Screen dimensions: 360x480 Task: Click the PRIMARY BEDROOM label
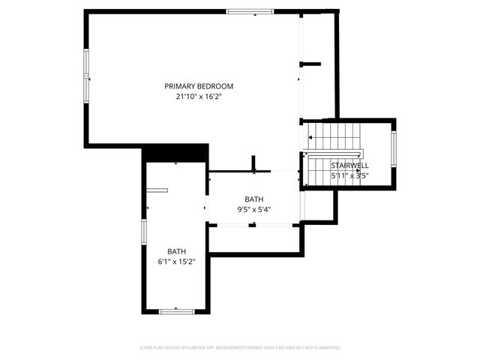pyautogui.click(x=199, y=86)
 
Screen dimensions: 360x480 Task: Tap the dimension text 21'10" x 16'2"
pyautogui.click(x=199, y=97)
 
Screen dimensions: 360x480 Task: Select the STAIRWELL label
pyautogui.click(x=349, y=165)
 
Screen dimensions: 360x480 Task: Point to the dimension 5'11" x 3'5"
pyautogui.click(x=349, y=175)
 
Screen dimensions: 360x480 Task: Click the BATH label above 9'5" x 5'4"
pyautogui.click(x=254, y=199)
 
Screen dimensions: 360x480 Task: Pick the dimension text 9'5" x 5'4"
pyautogui.click(x=254, y=209)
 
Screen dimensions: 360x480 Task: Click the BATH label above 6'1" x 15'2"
pyautogui.click(x=177, y=251)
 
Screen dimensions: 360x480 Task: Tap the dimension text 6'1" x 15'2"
pyautogui.click(x=177, y=262)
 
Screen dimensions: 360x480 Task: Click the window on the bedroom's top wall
pyautogui.click(x=250, y=11)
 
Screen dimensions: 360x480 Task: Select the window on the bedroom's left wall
pyautogui.click(x=87, y=75)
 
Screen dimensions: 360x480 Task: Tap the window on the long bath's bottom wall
pyautogui.click(x=177, y=310)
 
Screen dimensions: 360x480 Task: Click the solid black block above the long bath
pyautogui.click(x=175, y=153)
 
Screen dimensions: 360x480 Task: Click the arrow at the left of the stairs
pyautogui.click(x=310, y=137)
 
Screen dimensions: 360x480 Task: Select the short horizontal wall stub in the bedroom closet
pyautogui.click(x=310, y=64)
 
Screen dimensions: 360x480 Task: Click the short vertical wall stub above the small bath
pyautogui.click(x=254, y=163)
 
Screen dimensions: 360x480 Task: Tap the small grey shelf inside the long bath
pyautogui.click(x=157, y=190)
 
